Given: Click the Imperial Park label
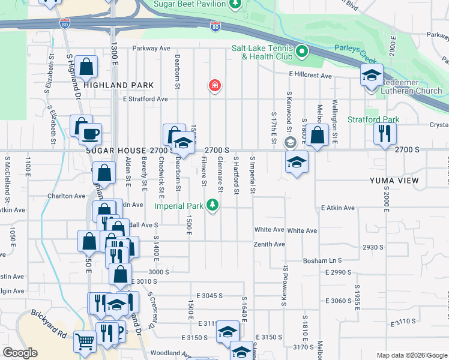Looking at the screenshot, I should (x=179, y=206).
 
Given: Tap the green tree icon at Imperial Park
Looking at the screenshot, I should (x=212, y=206).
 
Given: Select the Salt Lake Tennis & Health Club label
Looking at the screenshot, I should (x=267, y=53).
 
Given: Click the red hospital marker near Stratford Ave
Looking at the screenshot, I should (x=214, y=86).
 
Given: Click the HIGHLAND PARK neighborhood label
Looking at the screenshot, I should (x=118, y=85).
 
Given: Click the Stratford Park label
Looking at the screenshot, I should (x=373, y=119).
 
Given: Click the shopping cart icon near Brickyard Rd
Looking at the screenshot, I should (x=85, y=341).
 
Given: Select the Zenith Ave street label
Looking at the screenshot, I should (x=270, y=244).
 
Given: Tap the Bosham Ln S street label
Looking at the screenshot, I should (x=322, y=260).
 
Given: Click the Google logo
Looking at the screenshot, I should (x=20, y=353).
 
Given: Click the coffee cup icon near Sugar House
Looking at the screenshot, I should (x=91, y=134).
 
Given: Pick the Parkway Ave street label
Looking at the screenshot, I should (x=152, y=48).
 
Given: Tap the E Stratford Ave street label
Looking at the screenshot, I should (x=145, y=99).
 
